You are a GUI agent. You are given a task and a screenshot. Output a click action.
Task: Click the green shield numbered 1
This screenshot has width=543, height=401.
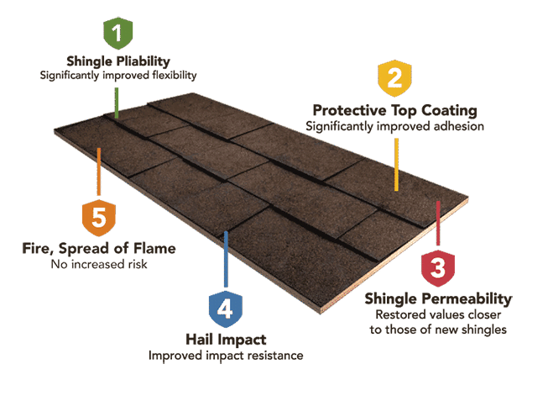[118, 34]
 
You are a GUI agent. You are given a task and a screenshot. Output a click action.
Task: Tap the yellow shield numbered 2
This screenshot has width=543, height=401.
[394, 78]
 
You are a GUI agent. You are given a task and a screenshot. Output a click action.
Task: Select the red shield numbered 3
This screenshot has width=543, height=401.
[438, 268]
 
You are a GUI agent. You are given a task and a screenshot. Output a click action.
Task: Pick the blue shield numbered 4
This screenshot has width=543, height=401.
[226, 309]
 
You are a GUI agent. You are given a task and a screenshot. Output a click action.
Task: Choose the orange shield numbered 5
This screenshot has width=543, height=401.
[99, 218]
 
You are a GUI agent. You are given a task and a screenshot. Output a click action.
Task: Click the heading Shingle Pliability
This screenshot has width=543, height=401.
[118, 61]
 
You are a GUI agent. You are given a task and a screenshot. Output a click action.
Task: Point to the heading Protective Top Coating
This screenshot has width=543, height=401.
[394, 111]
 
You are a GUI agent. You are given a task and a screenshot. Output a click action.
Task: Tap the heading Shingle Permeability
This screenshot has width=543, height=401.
[438, 299]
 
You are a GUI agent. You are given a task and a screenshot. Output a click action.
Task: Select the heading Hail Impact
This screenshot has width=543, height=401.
[226, 340]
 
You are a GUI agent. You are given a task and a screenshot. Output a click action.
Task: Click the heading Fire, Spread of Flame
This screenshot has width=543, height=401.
[99, 248]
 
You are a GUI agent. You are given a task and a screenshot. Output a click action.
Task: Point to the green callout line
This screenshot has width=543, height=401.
[117, 103]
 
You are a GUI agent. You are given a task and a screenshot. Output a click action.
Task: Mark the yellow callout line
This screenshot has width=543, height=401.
[396, 165]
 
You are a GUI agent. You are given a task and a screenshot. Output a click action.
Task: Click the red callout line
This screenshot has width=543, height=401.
[438, 224]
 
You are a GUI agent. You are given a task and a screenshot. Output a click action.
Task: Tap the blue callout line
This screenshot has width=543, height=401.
[226, 260]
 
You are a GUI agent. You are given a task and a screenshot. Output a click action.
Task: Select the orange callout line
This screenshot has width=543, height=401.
[99, 171]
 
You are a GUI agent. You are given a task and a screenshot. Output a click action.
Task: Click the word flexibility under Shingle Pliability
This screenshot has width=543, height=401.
[175, 76]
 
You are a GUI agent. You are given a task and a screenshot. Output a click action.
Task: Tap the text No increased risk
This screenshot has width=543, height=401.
[99, 264]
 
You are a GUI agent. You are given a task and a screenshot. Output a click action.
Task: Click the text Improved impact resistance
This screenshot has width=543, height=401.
[226, 356]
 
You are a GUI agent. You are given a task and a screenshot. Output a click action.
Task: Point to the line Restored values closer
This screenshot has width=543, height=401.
[438, 314]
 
